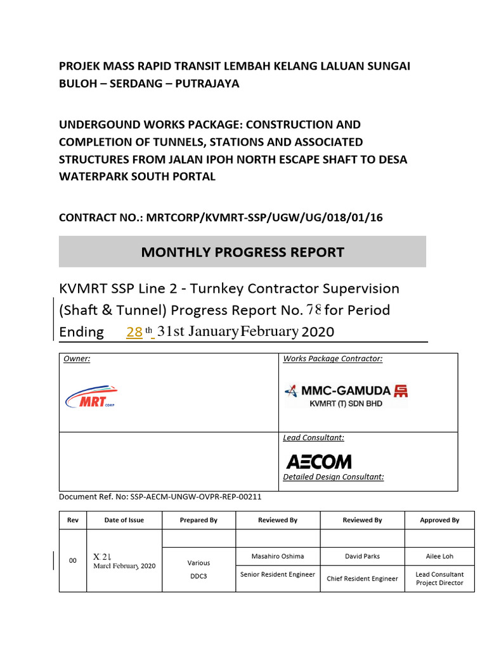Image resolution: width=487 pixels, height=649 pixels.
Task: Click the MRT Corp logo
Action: (x=91, y=397)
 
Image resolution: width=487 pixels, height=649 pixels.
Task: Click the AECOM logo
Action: (x=318, y=461)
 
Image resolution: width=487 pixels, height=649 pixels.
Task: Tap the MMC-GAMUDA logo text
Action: (x=338, y=391)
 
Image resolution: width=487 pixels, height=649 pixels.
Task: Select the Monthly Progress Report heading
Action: (x=242, y=252)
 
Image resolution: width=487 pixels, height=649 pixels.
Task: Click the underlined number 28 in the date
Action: (x=134, y=331)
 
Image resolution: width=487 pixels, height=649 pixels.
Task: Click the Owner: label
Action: (x=77, y=359)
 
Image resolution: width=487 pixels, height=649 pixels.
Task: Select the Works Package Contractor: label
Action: (x=333, y=359)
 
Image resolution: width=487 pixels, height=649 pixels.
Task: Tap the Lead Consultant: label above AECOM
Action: (x=313, y=437)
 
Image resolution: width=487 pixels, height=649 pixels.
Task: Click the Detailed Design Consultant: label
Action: (x=334, y=477)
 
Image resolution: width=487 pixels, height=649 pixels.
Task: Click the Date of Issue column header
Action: (x=124, y=520)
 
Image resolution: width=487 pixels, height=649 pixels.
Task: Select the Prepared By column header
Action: (x=198, y=520)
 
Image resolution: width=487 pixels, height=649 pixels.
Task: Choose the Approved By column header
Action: (x=439, y=520)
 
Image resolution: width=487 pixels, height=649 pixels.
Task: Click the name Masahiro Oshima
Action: (x=278, y=556)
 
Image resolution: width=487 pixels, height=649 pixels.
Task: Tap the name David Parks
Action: (x=362, y=556)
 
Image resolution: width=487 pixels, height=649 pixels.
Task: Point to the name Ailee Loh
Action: (x=439, y=556)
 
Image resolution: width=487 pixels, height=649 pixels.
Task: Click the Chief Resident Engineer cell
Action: (x=362, y=578)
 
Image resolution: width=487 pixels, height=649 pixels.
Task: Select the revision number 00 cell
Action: (x=73, y=561)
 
